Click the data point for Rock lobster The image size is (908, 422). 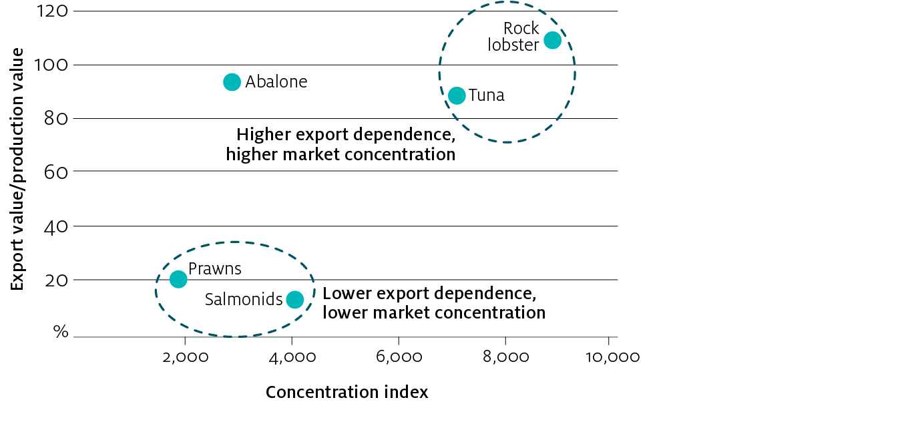(x=552, y=40)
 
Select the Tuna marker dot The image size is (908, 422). (x=457, y=95)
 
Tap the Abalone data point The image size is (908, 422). (x=232, y=82)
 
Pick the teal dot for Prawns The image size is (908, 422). (x=178, y=279)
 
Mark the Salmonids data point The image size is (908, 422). (x=294, y=300)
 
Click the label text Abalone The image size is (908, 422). (x=276, y=82)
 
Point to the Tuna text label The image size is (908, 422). (x=486, y=95)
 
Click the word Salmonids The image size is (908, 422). (x=244, y=300)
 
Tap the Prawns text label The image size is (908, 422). (x=214, y=269)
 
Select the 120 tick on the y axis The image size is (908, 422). (x=51, y=11)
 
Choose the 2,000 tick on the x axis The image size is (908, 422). (x=185, y=357)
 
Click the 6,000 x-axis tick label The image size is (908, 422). (x=398, y=357)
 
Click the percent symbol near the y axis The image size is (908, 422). (x=61, y=331)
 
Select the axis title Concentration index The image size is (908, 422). (x=347, y=393)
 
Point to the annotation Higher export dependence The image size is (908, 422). (x=345, y=135)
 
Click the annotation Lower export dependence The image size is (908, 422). (x=429, y=294)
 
